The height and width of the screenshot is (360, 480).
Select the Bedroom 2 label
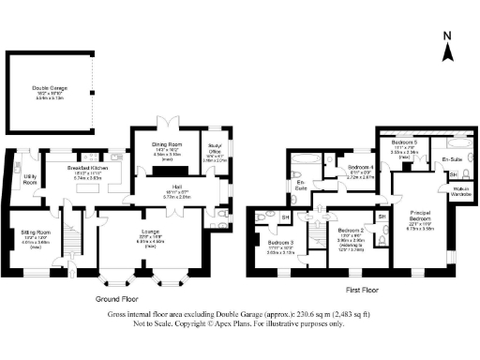pyautogui.click(x=351, y=230)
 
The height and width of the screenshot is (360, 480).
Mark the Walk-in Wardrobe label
pyautogui.click(x=460, y=192)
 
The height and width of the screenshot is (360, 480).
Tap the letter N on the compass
pyautogui.click(x=447, y=37)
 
